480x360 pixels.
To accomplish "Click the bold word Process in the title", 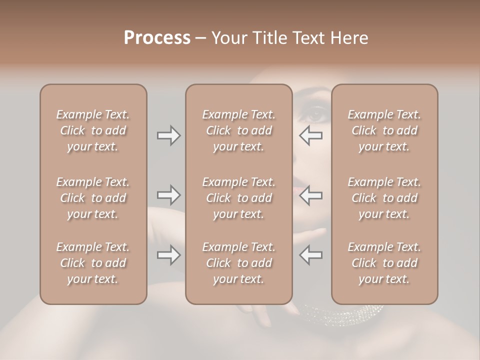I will pyautogui.click(x=157, y=38).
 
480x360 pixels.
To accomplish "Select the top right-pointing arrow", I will pyautogui.click(x=169, y=135).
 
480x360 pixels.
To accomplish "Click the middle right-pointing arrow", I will pyautogui.click(x=169, y=195).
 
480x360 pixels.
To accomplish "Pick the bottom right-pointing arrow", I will pyautogui.click(x=169, y=255).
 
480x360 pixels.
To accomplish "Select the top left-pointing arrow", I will pyautogui.click(x=311, y=135).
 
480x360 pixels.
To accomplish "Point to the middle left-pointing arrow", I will pyautogui.click(x=311, y=195).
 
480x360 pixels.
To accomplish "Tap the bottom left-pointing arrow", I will pyautogui.click(x=311, y=255).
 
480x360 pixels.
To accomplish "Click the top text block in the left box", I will pyautogui.click(x=93, y=130).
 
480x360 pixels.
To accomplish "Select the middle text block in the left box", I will pyautogui.click(x=93, y=198).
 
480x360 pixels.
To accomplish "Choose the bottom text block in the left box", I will pyautogui.click(x=93, y=263).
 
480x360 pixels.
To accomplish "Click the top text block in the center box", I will pyautogui.click(x=238, y=130).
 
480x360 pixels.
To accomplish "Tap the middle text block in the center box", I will pyautogui.click(x=238, y=198).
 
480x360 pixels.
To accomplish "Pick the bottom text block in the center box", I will pyautogui.click(x=238, y=263).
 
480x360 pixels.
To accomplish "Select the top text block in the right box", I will pyautogui.click(x=384, y=130).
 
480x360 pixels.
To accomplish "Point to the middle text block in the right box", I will pyautogui.click(x=384, y=198).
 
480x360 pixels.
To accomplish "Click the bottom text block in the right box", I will pyautogui.click(x=384, y=263).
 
